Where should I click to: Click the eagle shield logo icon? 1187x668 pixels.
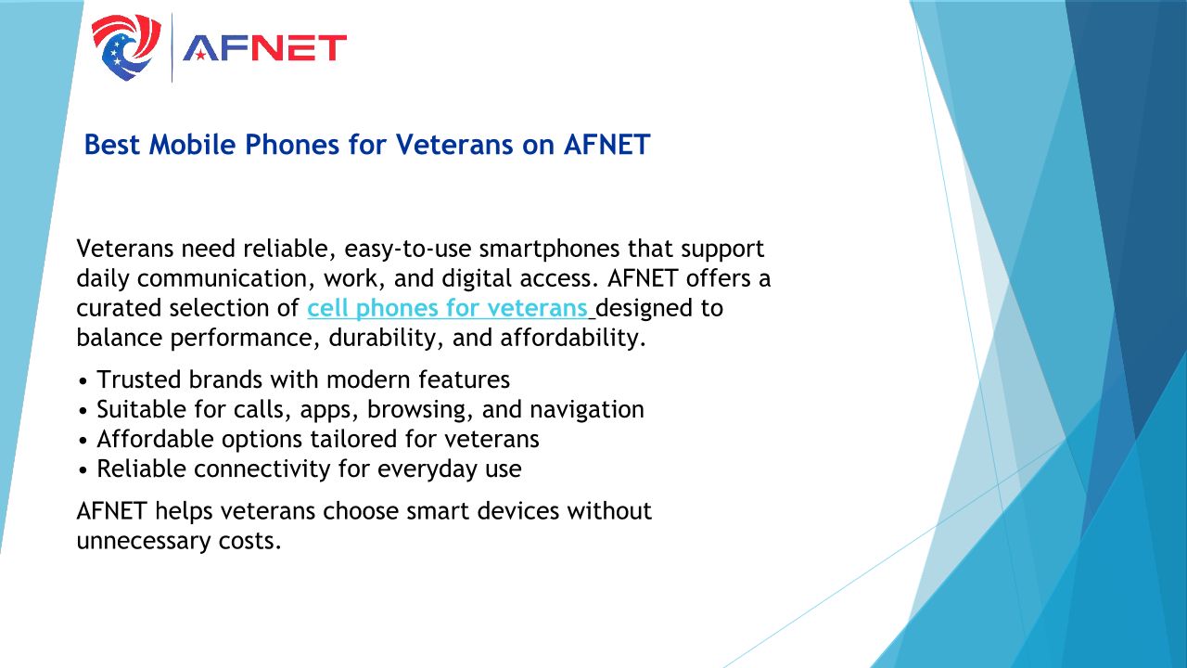[x=126, y=47]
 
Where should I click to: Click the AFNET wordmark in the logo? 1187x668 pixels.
[x=264, y=48]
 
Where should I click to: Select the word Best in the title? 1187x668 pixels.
[x=112, y=144]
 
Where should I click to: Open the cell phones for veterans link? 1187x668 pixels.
[x=447, y=309]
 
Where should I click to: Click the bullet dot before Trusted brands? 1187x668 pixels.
[x=83, y=381]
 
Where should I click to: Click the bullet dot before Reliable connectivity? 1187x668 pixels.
[x=83, y=470]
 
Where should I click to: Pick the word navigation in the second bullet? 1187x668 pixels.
[x=587, y=410]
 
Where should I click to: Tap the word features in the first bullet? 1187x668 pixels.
[x=465, y=380]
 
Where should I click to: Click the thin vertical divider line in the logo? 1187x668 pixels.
[x=172, y=47]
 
